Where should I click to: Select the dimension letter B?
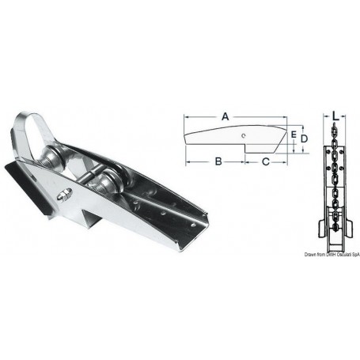[216, 162]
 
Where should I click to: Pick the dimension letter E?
[293, 135]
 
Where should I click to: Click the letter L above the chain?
[335, 116]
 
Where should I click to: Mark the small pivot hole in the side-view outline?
[246, 135]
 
